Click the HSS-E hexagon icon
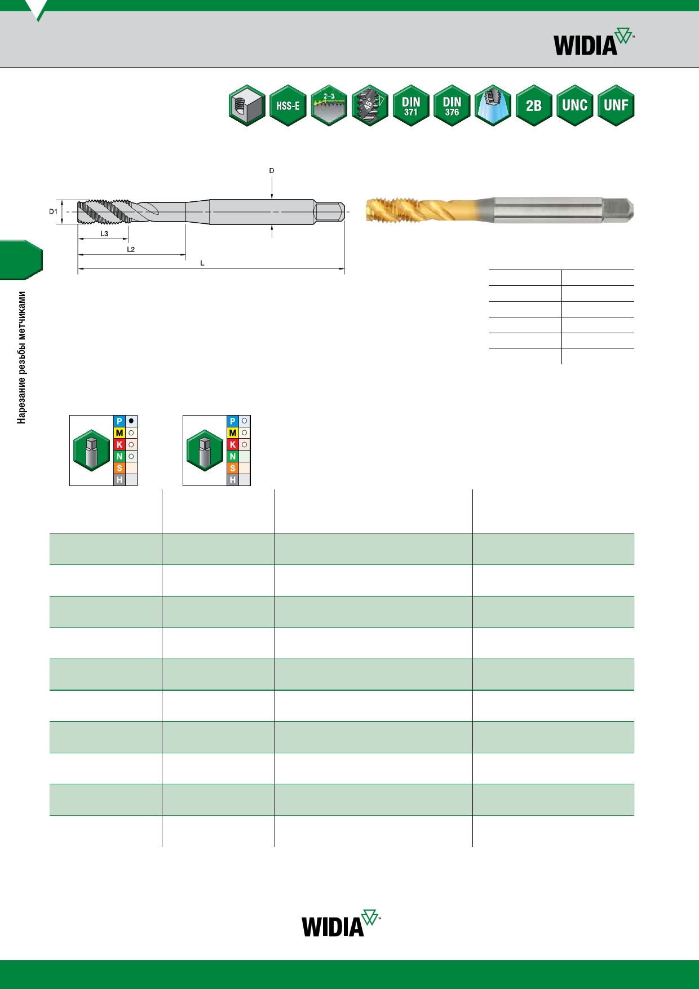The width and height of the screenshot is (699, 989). tap(288, 105)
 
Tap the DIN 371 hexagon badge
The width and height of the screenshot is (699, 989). tap(411, 105)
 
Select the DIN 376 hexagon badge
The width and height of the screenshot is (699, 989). tap(452, 105)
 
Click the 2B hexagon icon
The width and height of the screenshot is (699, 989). tap(534, 105)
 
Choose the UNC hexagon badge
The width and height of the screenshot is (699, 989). tap(575, 105)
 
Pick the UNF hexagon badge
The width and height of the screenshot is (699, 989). tap(616, 105)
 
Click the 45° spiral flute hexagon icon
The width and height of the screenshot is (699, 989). tap(370, 105)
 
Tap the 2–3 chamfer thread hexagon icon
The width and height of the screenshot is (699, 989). tap(329, 105)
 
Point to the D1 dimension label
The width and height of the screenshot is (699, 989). tap(53, 212)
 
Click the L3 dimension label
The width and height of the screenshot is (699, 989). tap(104, 233)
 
